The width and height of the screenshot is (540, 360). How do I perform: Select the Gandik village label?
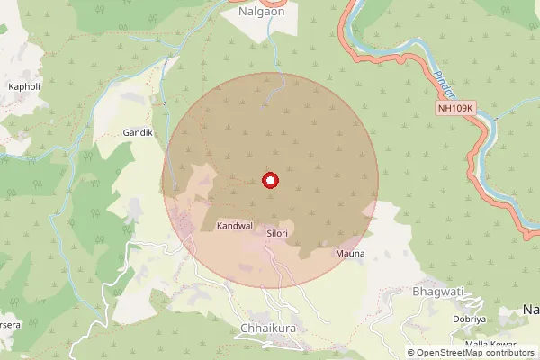pos(139,132)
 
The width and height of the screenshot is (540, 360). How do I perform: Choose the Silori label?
pos(277,233)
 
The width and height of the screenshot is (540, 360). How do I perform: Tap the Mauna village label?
pos(350,254)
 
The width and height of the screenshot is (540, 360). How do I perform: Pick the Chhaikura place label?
pos(268,328)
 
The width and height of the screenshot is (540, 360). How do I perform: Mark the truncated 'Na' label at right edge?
pos(531,310)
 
